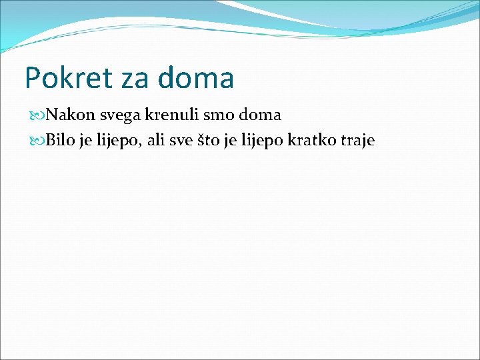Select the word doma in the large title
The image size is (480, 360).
click(197, 78)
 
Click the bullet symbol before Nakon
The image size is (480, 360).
click(37, 115)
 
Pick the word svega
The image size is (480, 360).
click(121, 116)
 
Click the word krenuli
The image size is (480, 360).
click(173, 115)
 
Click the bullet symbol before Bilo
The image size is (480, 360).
click(37, 141)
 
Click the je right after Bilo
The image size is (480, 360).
click(86, 141)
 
